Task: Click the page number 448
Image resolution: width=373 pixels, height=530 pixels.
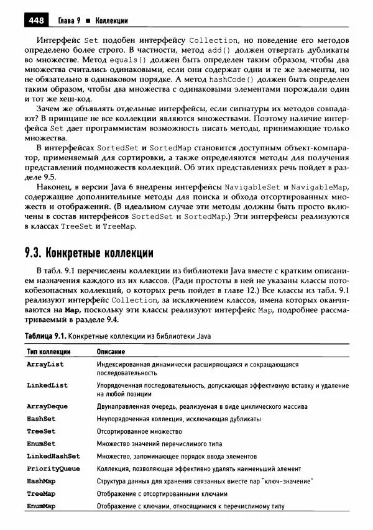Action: (35, 21)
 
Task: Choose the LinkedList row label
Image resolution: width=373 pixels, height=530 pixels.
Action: (47, 385)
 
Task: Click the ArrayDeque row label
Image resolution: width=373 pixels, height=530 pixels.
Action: (47, 406)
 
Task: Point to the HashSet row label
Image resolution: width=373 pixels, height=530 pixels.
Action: (42, 419)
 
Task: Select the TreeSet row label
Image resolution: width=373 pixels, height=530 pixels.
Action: (42, 431)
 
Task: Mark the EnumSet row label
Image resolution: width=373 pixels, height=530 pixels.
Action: (42, 444)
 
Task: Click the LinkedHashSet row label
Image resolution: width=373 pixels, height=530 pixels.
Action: (53, 456)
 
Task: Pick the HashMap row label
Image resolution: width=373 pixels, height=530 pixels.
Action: (42, 481)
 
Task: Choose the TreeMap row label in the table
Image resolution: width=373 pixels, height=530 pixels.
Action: (42, 493)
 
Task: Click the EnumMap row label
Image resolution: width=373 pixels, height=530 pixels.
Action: (42, 506)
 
